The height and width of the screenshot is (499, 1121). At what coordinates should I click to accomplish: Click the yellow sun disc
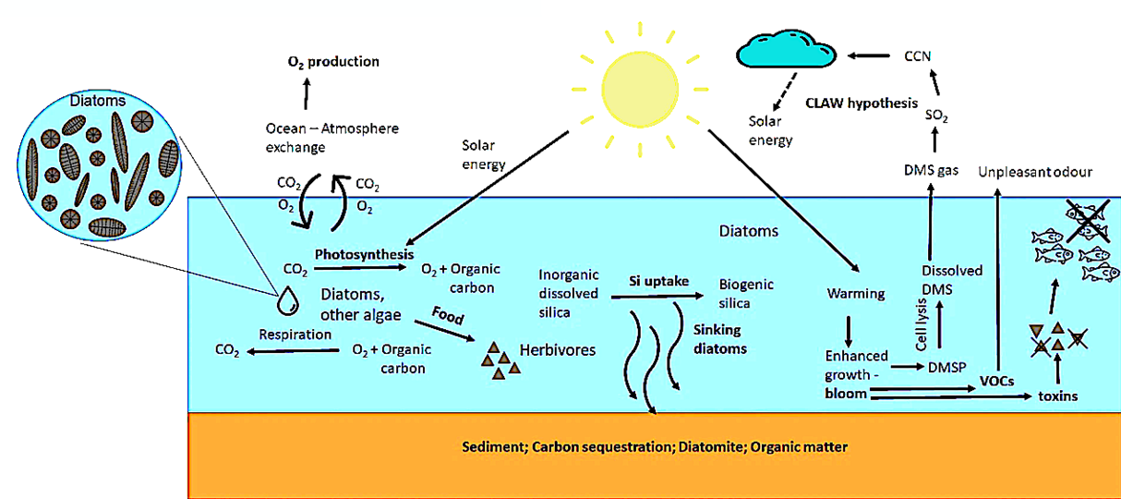tap(640, 90)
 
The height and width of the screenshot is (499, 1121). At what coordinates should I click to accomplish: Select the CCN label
tap(917, 56)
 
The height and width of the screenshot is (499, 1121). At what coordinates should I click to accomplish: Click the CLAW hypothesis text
tap(862, 103)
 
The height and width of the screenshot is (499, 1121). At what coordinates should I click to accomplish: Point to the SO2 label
tap(936, 116)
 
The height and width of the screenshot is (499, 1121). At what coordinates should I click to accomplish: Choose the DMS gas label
tap(931, 170)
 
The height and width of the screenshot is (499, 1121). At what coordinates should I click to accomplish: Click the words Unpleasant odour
tap(1035, 172)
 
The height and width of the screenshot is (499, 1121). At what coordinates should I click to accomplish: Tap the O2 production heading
tap(333, 62)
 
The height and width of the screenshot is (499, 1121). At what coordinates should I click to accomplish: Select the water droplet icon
tap(288, 300)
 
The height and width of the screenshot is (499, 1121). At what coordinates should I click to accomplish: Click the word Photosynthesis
tap(365, 254)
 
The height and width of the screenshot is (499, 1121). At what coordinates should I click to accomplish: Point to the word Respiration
tap(295, 335)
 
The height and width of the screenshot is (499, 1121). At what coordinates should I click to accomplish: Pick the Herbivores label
tap(558, 349)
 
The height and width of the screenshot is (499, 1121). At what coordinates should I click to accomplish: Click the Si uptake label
tap(658, 281)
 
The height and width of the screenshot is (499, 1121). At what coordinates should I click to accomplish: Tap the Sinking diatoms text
tap(719, 339)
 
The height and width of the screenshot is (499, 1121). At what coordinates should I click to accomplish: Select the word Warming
tap(856, 293)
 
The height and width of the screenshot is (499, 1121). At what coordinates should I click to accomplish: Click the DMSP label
tap(946, 367)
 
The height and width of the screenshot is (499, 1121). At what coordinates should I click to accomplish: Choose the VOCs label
tap(997, 382)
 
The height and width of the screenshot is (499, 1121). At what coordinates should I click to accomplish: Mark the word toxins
tap(1058, 396)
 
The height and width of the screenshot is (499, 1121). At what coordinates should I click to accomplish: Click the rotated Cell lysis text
tap(921, 324)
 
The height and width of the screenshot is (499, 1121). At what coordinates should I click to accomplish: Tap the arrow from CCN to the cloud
tap(869, 56)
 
